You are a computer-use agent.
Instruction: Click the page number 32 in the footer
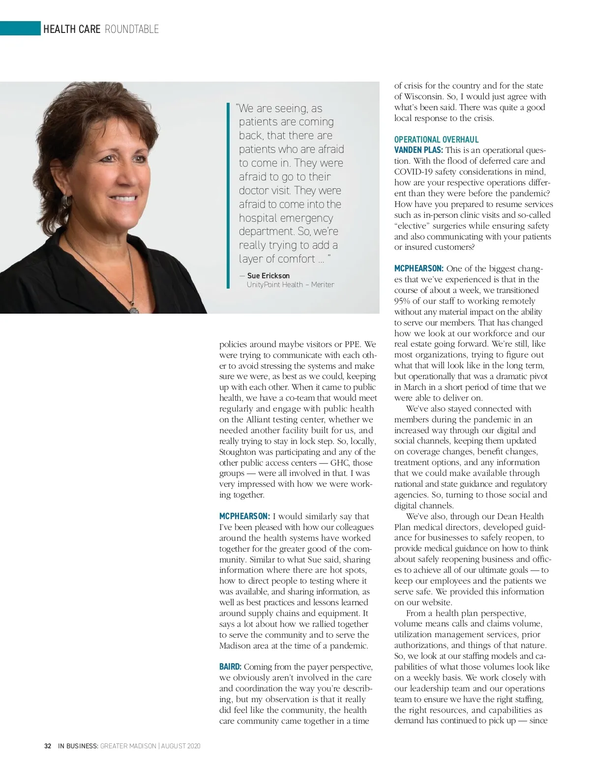[48, 746]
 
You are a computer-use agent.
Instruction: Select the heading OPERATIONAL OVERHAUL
[436, 140]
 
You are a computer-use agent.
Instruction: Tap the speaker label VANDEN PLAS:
[418, 150]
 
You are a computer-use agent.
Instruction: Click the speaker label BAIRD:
[230, 667]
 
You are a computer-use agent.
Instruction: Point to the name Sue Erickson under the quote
[268, 276]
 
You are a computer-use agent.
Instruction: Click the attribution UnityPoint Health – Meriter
[290, 285]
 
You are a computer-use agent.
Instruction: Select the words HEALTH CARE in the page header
[72, 29]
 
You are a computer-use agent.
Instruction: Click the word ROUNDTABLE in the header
[132, 29]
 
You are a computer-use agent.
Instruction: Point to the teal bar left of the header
[20, 29]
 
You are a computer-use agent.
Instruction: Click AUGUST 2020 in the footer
[181, 746]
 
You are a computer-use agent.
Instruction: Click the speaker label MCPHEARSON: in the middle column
[244, 516]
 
